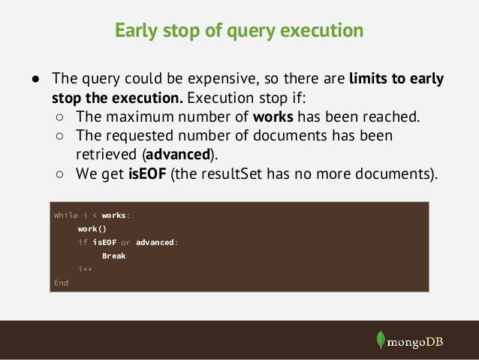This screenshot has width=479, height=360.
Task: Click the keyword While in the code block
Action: (65, 215)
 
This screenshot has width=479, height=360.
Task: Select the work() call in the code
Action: (92, 228)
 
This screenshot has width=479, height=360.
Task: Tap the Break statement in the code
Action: (113, 256)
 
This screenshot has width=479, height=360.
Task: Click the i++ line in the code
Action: (84, 269)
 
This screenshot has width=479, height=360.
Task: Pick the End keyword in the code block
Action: (61, 283)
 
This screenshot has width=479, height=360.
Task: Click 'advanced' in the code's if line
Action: (155, 242)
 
